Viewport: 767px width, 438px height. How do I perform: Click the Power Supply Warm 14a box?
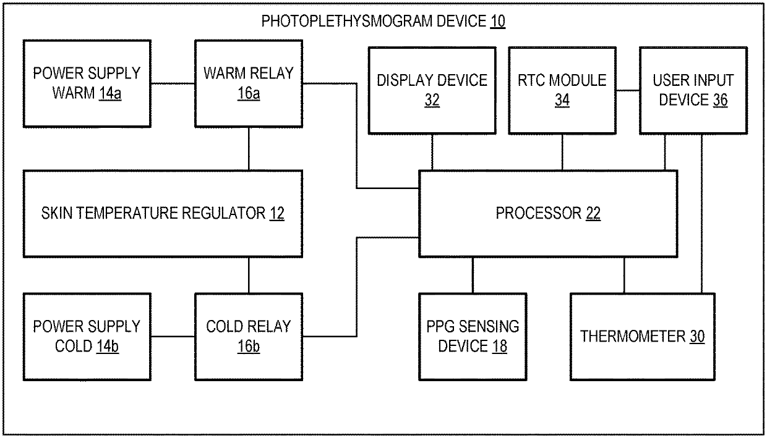(x=87, y=84)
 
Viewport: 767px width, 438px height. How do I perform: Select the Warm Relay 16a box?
(x=249, y=84)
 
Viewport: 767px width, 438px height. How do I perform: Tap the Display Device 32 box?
(x=432, y=91)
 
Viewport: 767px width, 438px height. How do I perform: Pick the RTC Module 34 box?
(x=562, y=91)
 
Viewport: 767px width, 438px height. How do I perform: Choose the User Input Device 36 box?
(x=693, y=91)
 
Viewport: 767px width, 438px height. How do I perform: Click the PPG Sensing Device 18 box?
(x=473, y=337)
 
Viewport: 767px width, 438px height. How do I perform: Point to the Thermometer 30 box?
(x=642, y=337)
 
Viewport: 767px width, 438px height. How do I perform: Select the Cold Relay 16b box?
(x=249, y=337)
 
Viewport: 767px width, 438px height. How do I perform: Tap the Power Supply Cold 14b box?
(x=87, y=337)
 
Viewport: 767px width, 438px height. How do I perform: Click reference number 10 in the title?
(x=497, y=21)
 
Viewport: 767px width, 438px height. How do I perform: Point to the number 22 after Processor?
(x=593, y=213)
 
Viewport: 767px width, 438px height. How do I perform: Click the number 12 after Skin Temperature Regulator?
(x=276, y=213)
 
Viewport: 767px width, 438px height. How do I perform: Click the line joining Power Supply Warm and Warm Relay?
(x=173, y=83)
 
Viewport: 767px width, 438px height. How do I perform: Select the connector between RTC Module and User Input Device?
(x=628, y=91)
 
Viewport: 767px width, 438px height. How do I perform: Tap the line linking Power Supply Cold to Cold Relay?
(x=173, y=337)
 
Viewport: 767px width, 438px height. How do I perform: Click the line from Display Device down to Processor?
(x=432, y=152)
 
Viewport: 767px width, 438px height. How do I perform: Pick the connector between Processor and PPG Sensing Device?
(x=473, y=276)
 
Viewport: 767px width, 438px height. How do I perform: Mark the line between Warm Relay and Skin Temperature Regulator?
(x=249, y=149)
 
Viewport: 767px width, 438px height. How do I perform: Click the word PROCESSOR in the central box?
(x=539, y=213)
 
